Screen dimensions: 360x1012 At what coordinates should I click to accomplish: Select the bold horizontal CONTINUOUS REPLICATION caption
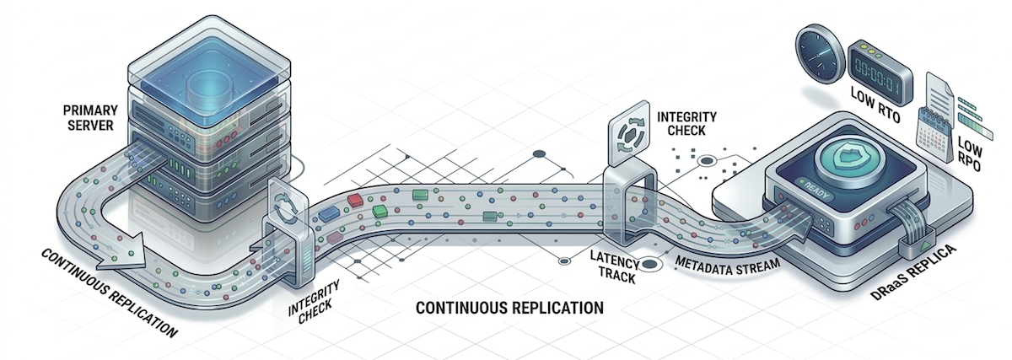(510, 308)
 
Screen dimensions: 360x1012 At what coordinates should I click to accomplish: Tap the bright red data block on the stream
(355, 200)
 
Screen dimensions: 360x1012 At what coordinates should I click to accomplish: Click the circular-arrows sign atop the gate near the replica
(629, 135)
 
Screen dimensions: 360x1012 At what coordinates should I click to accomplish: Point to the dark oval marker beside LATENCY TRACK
(650, 266)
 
